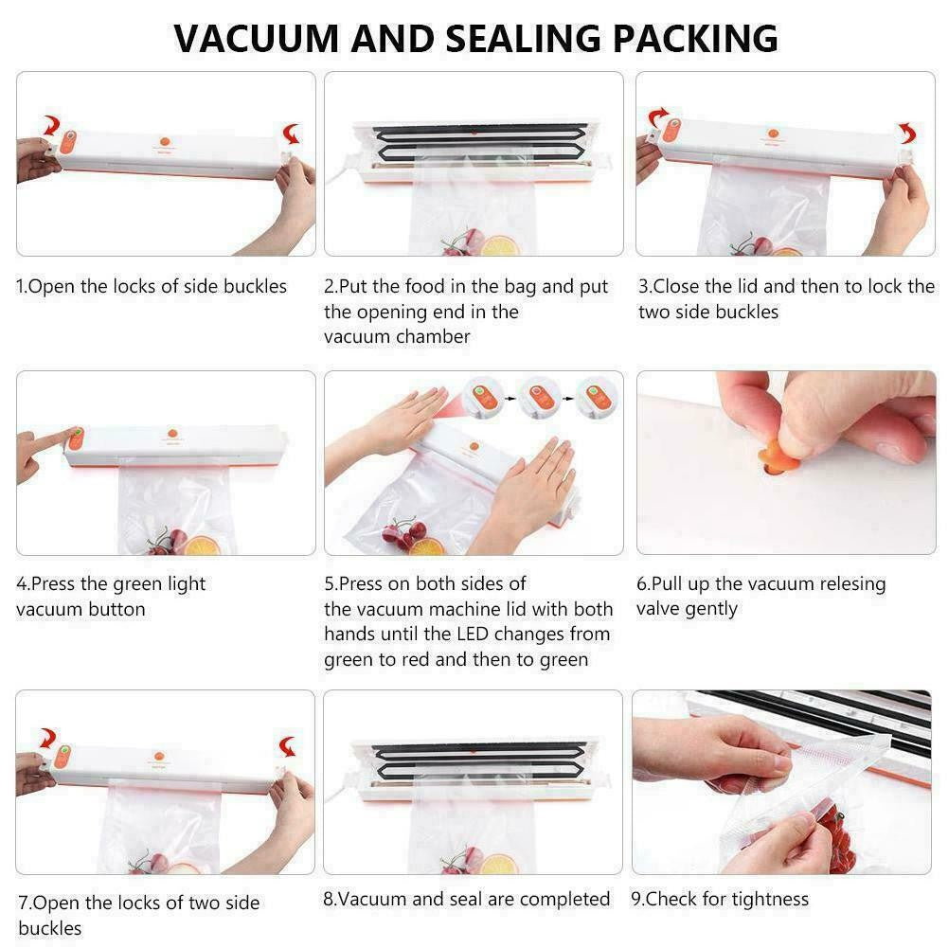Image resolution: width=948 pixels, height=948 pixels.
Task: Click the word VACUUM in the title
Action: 257,39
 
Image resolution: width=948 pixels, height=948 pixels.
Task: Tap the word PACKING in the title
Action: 695,39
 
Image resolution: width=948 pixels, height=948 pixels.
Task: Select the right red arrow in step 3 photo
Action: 907,133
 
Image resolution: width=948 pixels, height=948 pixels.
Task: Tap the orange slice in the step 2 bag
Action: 499,246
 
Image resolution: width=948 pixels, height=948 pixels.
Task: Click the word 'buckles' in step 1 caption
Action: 255,286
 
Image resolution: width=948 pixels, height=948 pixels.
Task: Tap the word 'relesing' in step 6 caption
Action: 852,584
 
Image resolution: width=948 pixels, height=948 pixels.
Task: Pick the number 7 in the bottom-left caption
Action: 24,903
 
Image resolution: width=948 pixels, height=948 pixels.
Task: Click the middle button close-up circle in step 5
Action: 538,397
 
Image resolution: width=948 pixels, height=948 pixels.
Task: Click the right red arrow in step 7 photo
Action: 289,746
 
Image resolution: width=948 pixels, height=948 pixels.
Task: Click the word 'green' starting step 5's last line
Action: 349,660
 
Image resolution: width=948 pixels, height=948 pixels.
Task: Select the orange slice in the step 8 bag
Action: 499,865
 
